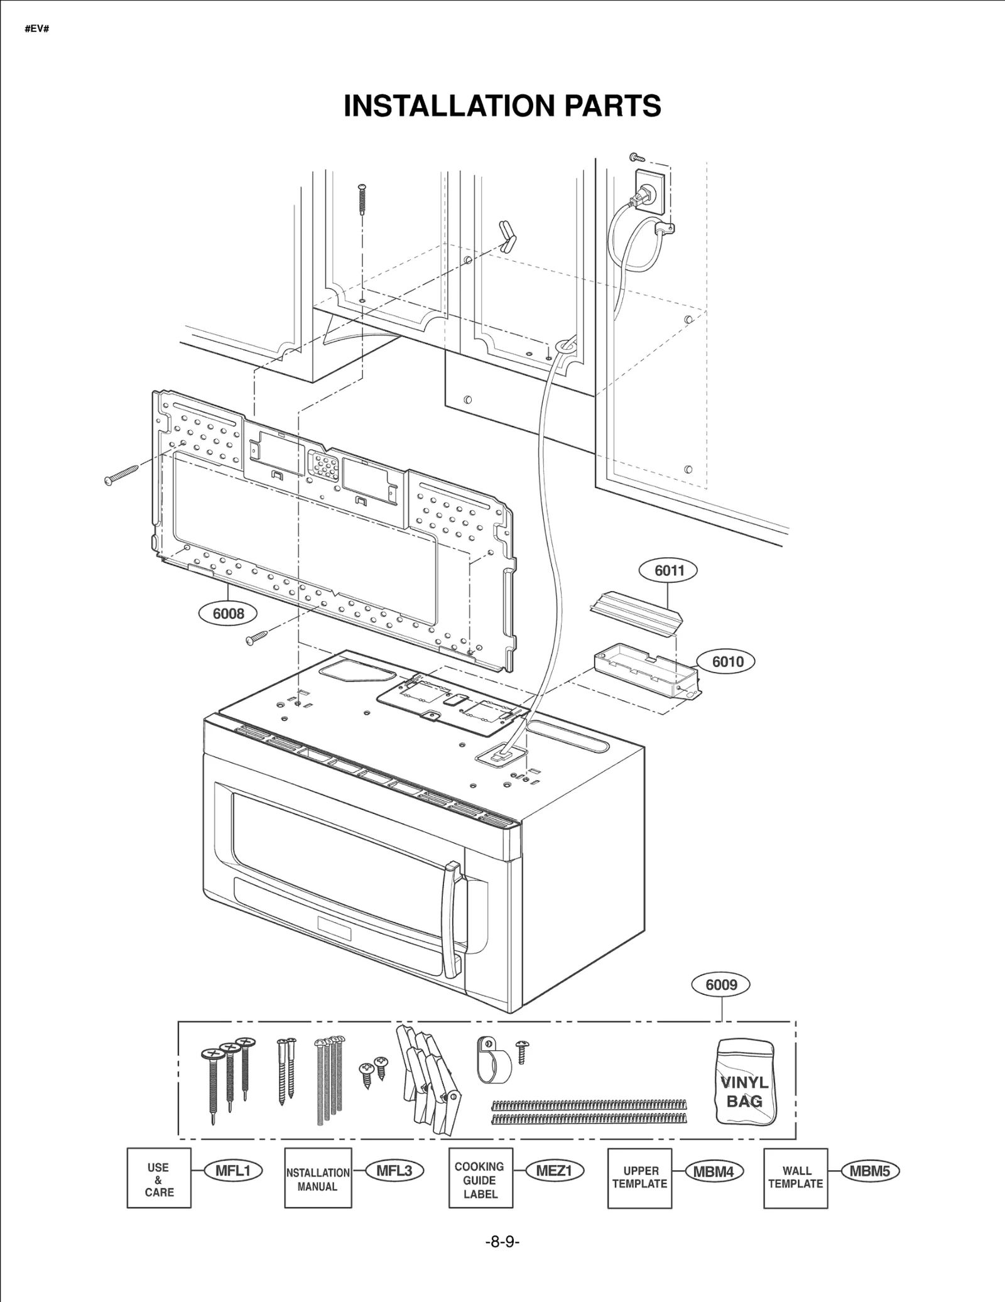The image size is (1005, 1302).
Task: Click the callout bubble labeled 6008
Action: click(228, 613)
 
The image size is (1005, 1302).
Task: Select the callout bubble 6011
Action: click(669, 570)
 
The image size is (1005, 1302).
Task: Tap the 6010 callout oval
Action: click(727, 661)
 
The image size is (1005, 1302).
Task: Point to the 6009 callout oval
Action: click(721, 984)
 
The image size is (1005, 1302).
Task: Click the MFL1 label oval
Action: click(233, 1171)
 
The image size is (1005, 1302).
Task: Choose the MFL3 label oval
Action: click(394, 1171)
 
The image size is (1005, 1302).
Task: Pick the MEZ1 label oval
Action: click(555, 1171)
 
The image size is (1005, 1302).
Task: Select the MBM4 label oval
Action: click(714, 1171)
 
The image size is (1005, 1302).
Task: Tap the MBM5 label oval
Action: click(870, 1171)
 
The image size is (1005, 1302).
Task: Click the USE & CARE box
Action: click(159, 1178)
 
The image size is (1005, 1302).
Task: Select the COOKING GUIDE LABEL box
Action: click(481, 1178)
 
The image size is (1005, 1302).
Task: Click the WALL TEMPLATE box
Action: click(795, 1178)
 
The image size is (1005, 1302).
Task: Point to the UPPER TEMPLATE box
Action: click(639, 1178)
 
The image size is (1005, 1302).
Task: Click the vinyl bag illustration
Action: click(746, 1082)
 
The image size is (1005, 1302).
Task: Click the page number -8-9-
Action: click(502, 1242)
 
